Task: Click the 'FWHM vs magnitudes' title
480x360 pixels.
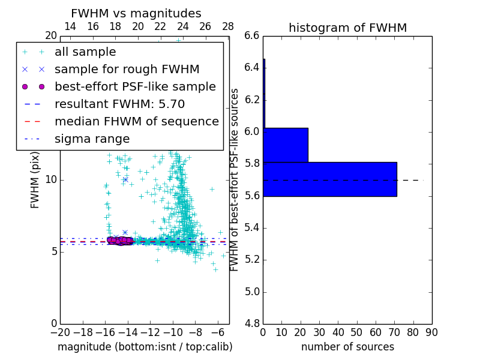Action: click(136, 14)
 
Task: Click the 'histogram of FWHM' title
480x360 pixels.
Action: click(347, 28)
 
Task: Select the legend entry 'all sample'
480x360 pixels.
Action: click(85, 52)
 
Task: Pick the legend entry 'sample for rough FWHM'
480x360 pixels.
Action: click(127, 69)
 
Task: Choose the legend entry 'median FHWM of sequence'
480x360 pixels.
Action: click(136, 121)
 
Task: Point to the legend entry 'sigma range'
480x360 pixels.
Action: click(92, 139)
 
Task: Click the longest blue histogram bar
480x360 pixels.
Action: click(329, 179)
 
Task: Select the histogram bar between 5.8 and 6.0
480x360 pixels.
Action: click(286, 145)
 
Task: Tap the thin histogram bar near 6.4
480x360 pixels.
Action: click(264, 93)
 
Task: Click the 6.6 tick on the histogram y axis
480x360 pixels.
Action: click(252, 35)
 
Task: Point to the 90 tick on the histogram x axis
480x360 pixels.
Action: click(431, 332)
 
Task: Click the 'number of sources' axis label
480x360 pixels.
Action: click(347, 347)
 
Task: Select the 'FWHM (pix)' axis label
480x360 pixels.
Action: click(35, 180)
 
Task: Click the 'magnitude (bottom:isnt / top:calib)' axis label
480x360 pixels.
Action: click(145, 347)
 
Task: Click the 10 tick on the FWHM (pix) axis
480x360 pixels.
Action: click(51, 179)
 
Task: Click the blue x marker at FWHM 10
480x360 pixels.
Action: click(125, 179)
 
